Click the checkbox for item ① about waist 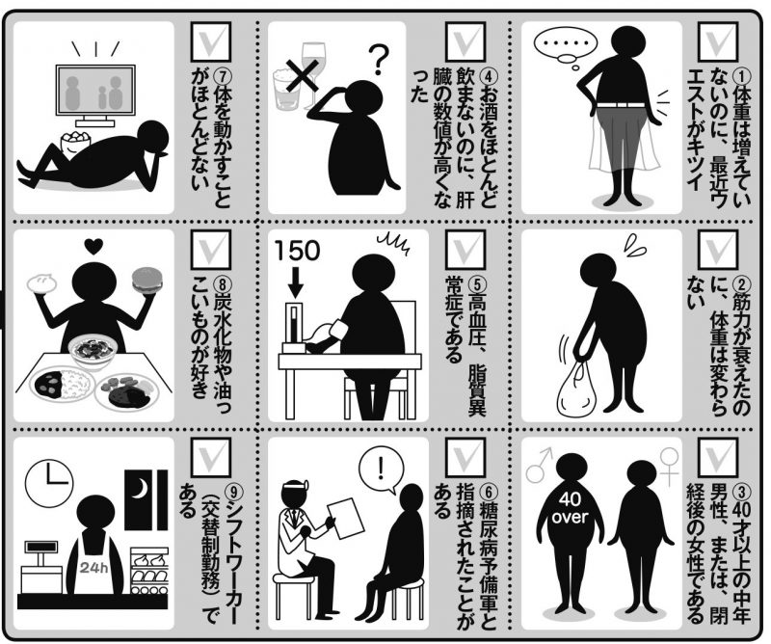(718, 40)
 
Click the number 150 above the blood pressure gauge (297, 251)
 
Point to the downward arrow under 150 (295, 282)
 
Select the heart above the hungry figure (93, 244)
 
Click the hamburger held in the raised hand (146, 281)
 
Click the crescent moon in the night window (140, 488)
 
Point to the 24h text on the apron (93, 568)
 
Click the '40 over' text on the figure (570, 508)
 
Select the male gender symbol (540, 465)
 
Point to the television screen (95, 90)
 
